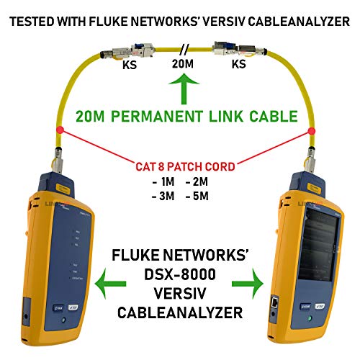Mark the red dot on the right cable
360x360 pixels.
[312, 130]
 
